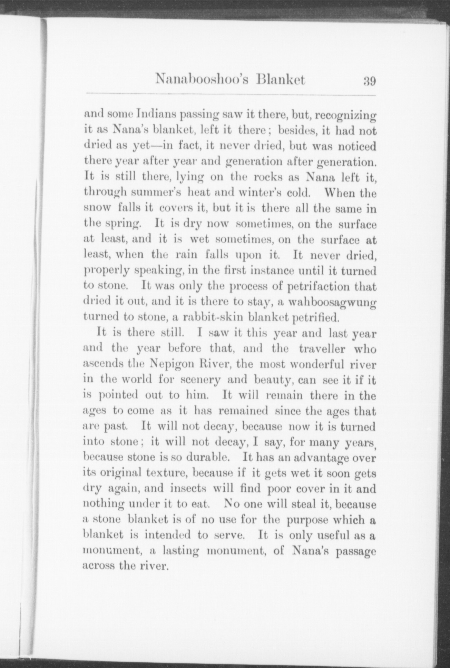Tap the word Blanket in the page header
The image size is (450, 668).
click(x=281, y=80)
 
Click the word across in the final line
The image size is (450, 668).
click(x=99, y=566)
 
